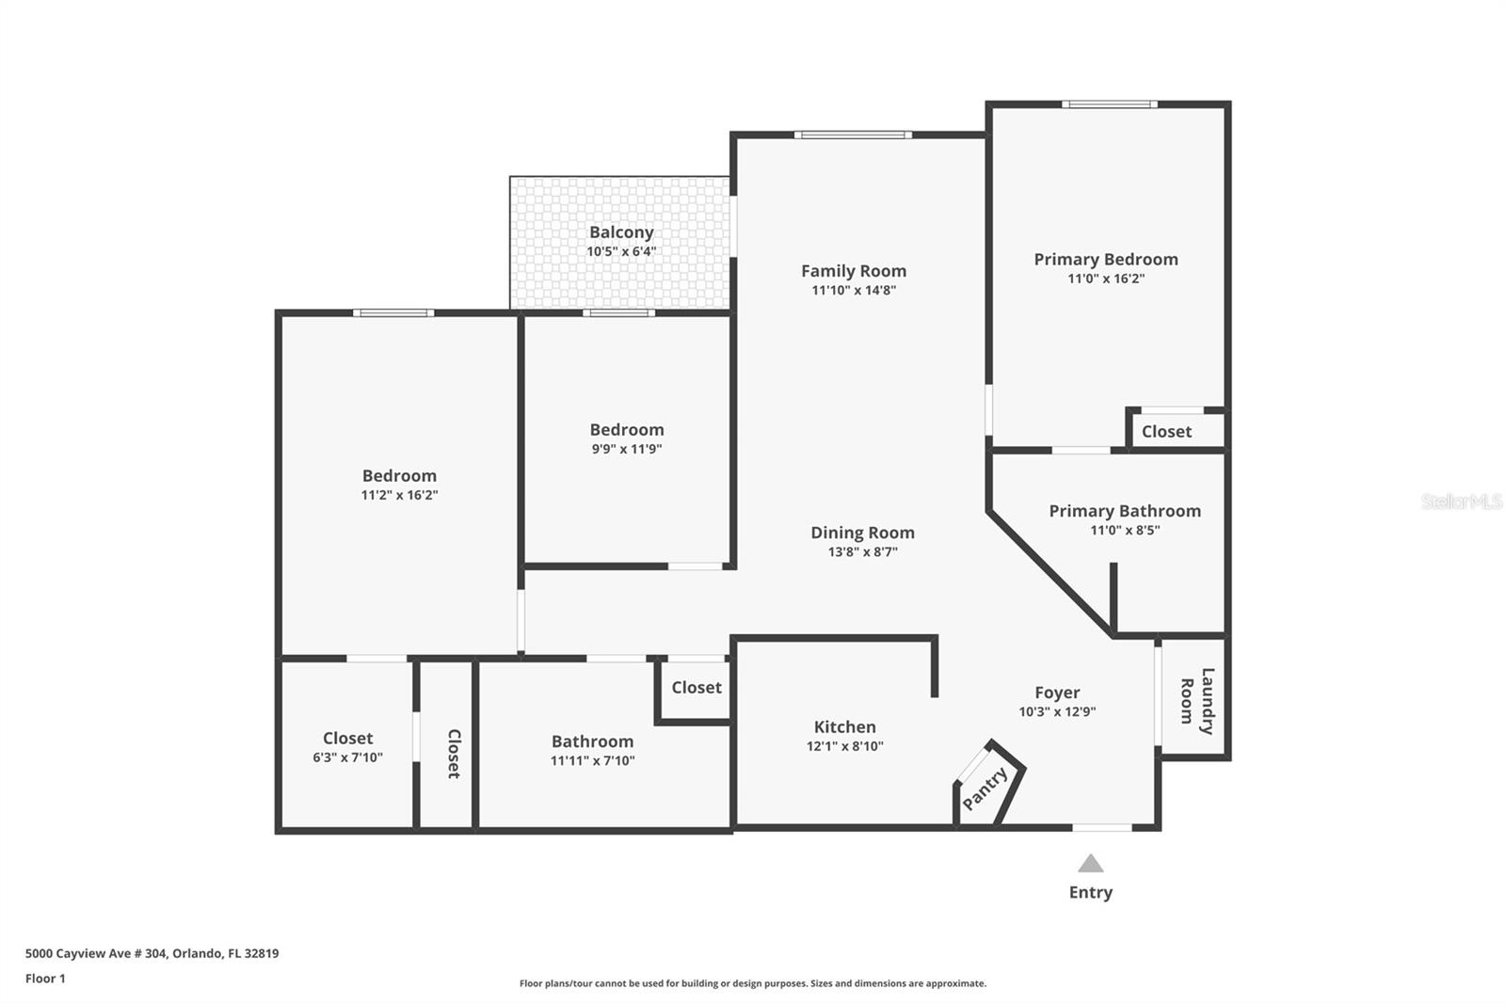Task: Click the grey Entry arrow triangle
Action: pyautogui.click(x=1091, y=863)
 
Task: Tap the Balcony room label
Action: pyautogui.click(x=621, y=231)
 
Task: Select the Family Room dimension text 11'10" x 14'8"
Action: pyautogui.click(x=854, y=291)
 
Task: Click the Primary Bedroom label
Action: pyautogui.click(x=1106, y=260)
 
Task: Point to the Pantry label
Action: pyautogui.click(x=985, y=788)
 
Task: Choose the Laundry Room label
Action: pyautogui.click(x=1197, y=701)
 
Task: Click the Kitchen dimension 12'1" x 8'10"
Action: pyautogui.click(x=845, y=746)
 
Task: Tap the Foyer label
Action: pyautogui.click(x=1057, y=693)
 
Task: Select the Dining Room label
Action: pyautogui.click(x=862, y=533)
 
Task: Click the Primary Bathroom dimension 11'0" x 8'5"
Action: pyautogui.click(x=1125, y=531)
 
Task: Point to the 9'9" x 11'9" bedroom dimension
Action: pyautogui.click(x=627, y=449)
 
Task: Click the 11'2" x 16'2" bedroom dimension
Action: pyautogui.click(x=399, y=496)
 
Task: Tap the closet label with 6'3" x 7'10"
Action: pyautogui.click(x=347, y=738)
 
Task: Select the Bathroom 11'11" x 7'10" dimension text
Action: pyautogui.click(x=592, y=761)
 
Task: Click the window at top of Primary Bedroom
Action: pyautogui.click(x=1110, y=104)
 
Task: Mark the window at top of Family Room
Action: pyautogui.click(x=853, y=135)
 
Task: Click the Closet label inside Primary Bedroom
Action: pyautogui.click(x=1166, y=432)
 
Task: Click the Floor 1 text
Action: pyautogui.click(x=46, y=979)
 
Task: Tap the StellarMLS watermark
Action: pyautogui.click(x=1462, y=501)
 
